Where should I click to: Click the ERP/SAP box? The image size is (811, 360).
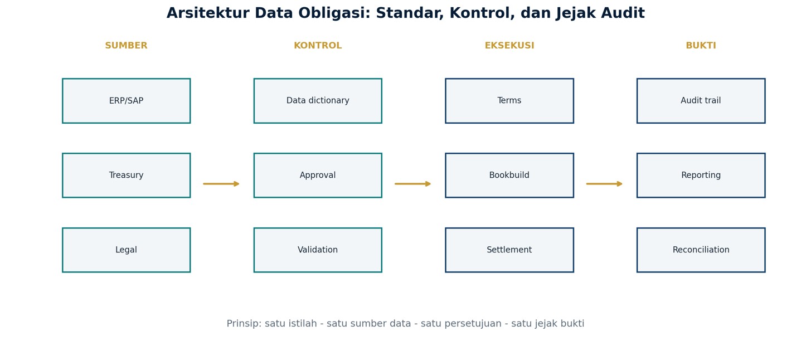tap(127, 101)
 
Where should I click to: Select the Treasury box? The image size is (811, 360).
tap(127, 176)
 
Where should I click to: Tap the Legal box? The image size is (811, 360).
tap(127, 250)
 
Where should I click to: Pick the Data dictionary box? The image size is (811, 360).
tap(318, 101)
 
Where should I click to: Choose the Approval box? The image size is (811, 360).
tap(318, 176)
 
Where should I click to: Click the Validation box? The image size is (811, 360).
tap(318, 250)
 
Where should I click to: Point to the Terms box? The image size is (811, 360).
tap(509, 101)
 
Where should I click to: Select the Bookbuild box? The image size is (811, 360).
tap(509, 176)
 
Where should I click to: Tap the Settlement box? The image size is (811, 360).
tap(509, 250)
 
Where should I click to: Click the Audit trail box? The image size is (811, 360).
tap(701, 101)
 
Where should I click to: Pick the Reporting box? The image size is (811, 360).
tap(701, 176)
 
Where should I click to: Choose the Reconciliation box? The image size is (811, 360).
tap(701, 250)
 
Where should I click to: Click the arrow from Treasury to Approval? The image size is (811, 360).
tap(221, 184)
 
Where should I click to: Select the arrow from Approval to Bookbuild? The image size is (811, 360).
tap(412, 184)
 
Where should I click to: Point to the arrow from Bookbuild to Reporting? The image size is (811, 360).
tap(604, 184)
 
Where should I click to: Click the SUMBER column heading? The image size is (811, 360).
tap(127, 46)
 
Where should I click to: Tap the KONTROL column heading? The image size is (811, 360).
tap(318, 46)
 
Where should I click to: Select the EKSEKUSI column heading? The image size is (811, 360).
tap(509, 46)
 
